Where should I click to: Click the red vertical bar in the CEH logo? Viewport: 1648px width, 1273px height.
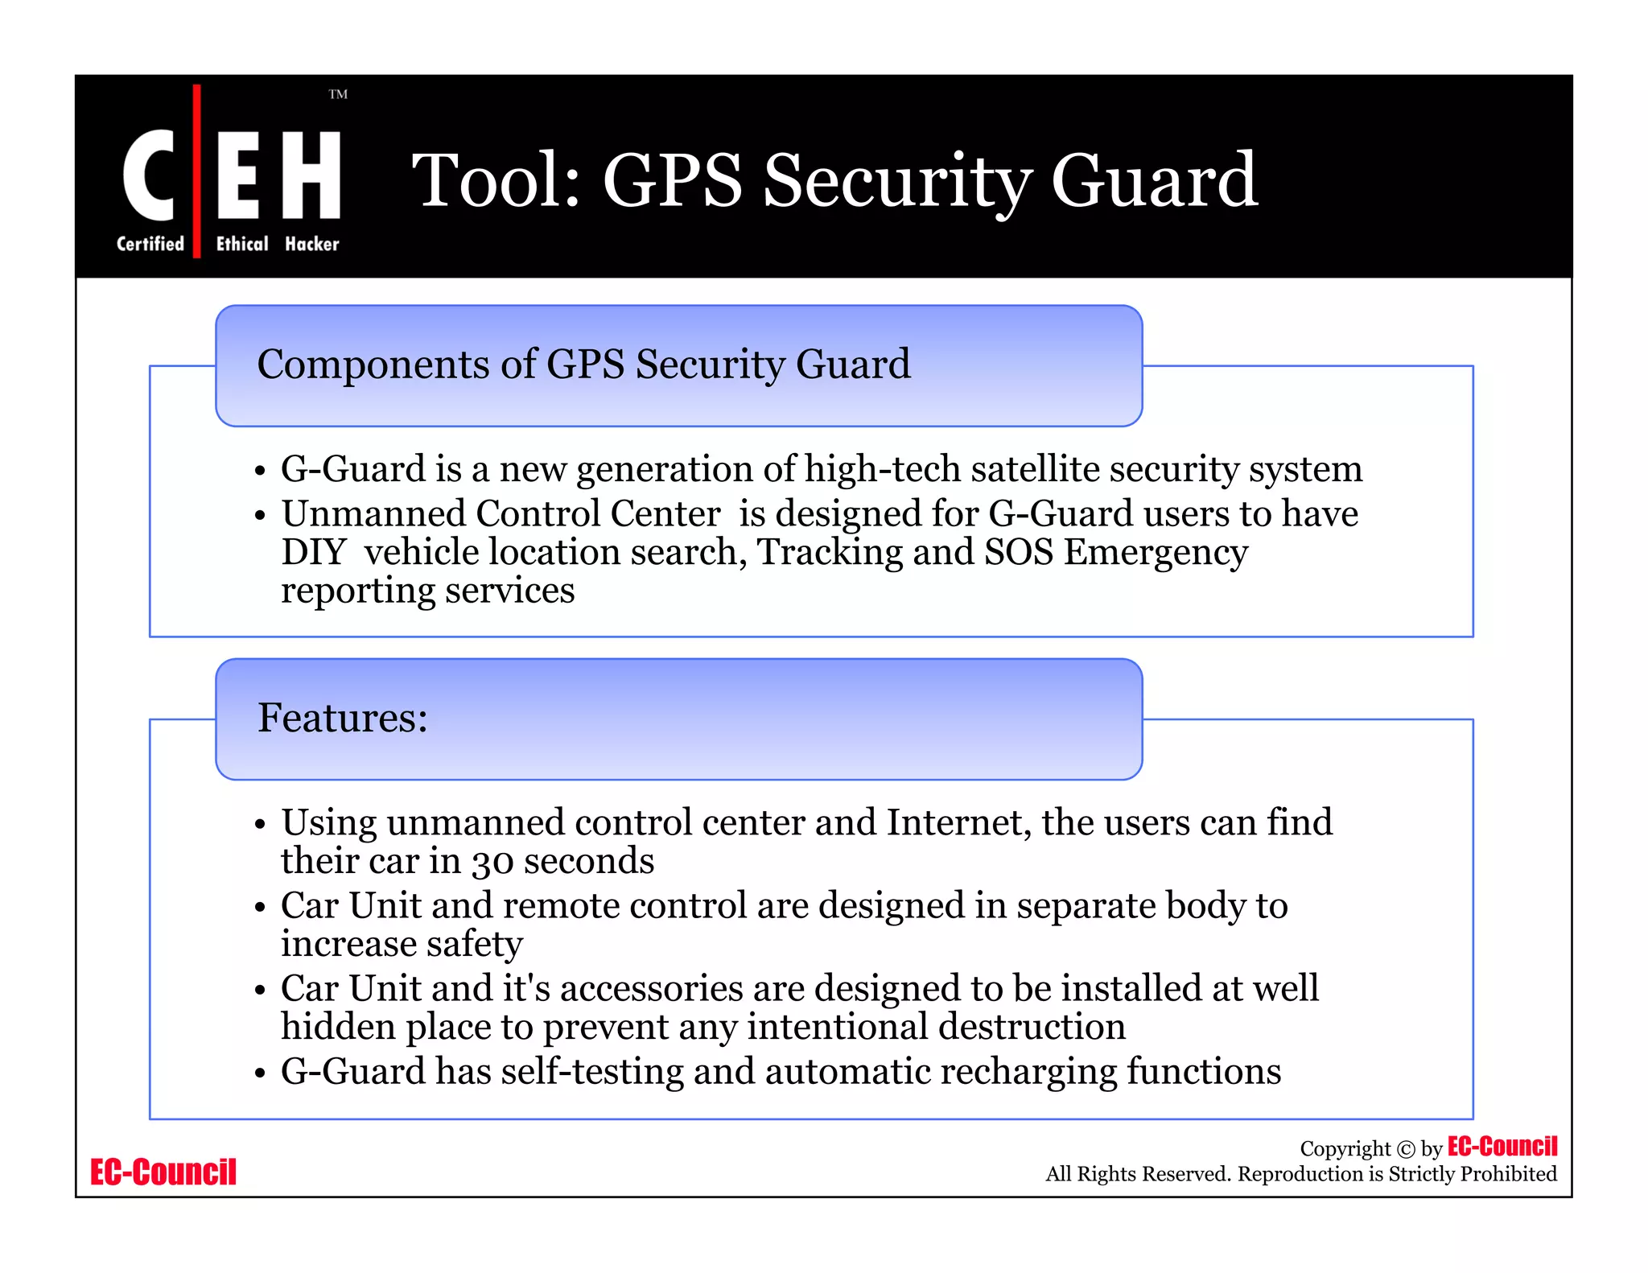coord(197,171)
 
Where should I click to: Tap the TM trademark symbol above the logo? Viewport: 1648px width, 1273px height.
coord(338,94)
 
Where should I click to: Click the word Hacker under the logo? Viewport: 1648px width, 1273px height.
coord(312,244)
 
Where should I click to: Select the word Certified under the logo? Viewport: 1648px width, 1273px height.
coord(150,244)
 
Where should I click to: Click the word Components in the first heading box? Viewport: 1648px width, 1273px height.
coord(373,365)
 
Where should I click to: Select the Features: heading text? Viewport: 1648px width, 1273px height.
coord(342,717)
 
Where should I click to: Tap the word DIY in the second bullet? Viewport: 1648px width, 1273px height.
coord(313,552)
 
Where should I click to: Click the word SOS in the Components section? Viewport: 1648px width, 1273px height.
coord(1019,552)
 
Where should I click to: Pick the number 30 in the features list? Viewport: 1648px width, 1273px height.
coord(492,862)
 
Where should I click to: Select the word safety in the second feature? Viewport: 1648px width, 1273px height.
coord(474,944)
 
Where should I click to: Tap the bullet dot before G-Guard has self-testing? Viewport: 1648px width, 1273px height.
coord(259,1073)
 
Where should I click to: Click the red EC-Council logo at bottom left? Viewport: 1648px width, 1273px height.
coord(163,1172)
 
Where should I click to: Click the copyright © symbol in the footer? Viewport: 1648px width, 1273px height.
coord(1405,1149)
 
